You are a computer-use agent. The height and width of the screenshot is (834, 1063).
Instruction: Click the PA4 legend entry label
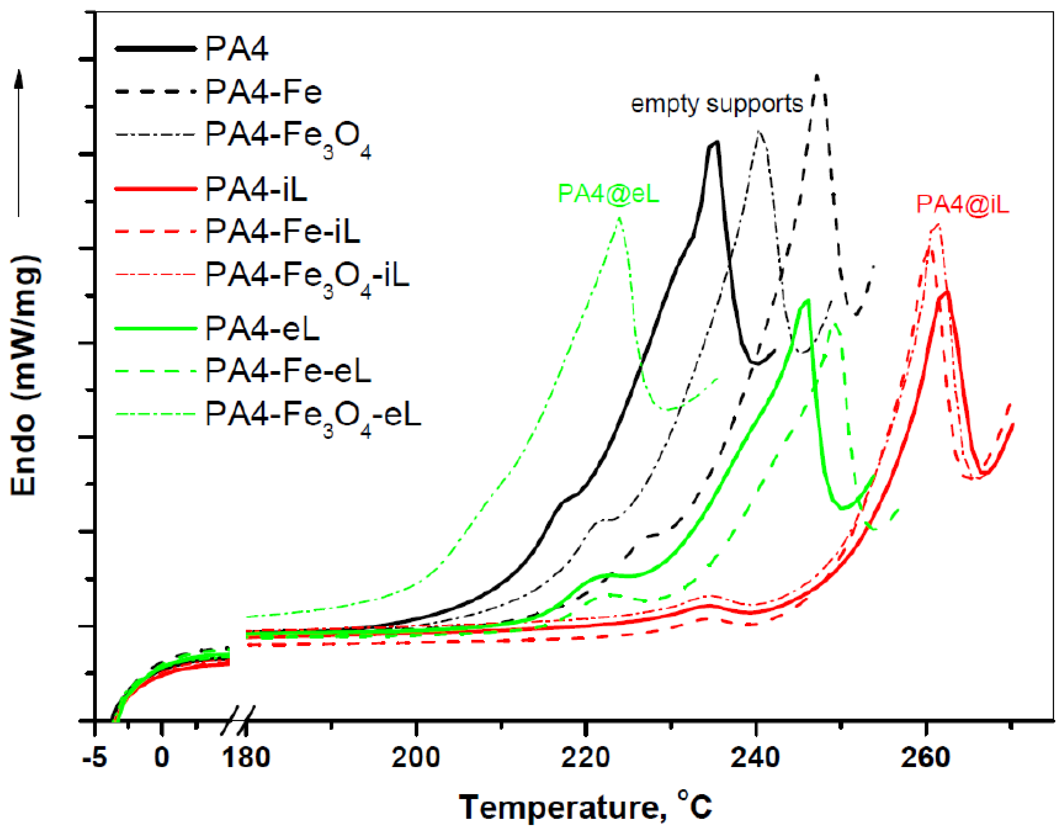pyautogui.click(x=237, y=49)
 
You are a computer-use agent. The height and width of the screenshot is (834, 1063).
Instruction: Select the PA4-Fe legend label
pyautogui.click(x=264, y=92)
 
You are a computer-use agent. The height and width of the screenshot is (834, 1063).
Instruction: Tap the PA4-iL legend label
pyautogui.click(x=256, y=189)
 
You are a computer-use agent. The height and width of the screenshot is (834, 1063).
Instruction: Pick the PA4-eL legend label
pyautogui.click(x=263, y=329)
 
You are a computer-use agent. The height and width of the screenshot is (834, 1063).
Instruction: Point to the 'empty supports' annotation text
pyautogui.click(x=717, y=104)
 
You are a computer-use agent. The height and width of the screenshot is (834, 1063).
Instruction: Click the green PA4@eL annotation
pyautogui.click(x=608, y=194)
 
